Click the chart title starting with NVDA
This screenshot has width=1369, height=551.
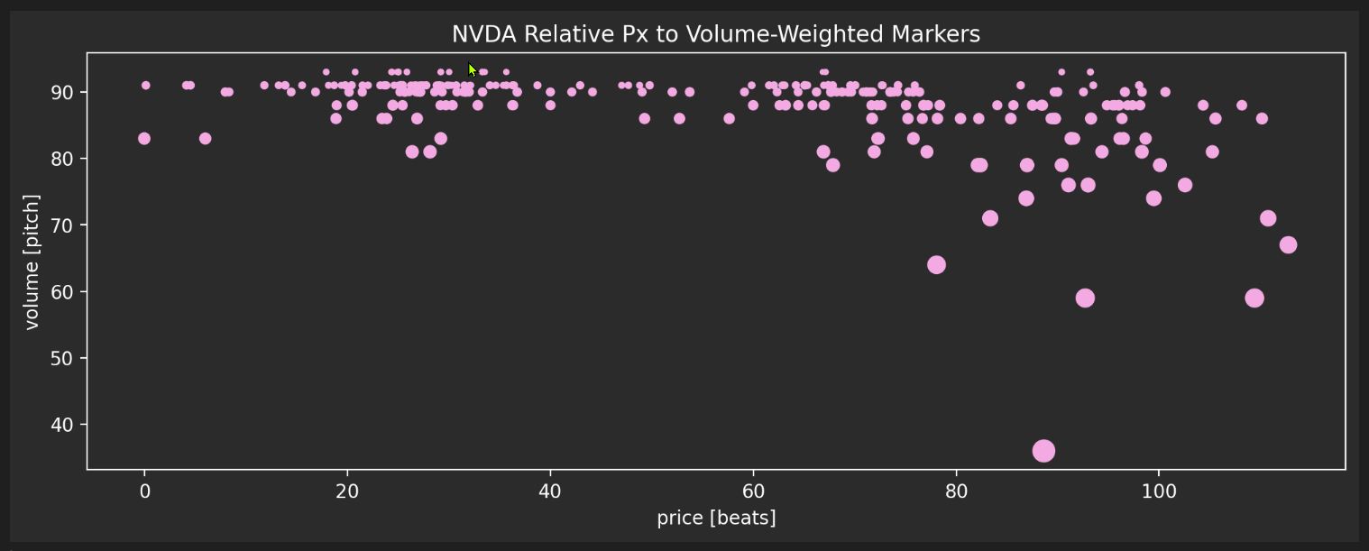click(715, 34)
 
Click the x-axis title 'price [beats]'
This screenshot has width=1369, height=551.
click(716, 518)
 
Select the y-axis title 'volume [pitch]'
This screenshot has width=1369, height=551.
click(32, 262)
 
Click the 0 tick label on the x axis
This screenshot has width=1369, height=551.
click(144, 491)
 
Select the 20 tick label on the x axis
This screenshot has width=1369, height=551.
click(347, 491)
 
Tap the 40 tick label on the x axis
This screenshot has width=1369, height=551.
click(550, 491)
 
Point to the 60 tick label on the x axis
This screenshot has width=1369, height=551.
click(753, 491)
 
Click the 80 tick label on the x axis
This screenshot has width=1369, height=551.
click(956, 491)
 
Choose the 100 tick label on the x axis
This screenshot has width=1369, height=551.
click(1159, 491)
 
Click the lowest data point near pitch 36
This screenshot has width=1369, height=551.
click(1043, 451)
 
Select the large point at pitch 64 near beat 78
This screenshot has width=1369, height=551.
click(936, 265)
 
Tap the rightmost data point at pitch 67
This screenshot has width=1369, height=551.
click(1288, 245)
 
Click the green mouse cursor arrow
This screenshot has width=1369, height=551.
click(472, 69)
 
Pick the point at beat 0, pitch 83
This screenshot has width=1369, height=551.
click(144, 139)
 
